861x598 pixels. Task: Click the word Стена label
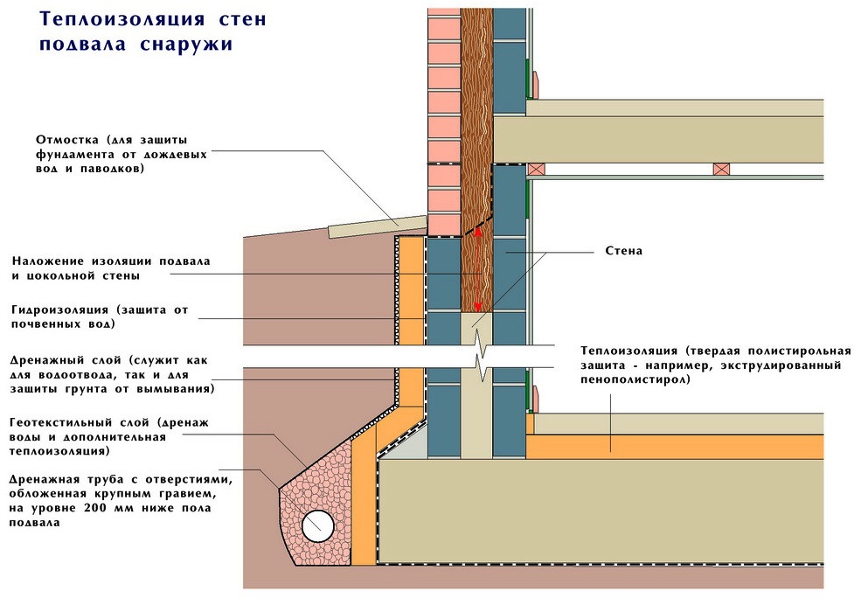click(x=624, y=251)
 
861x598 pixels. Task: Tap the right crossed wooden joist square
click(x=722, y=169)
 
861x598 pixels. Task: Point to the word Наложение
click(x=50, y=261)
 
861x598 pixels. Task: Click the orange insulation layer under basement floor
click(x=673, y=446)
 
